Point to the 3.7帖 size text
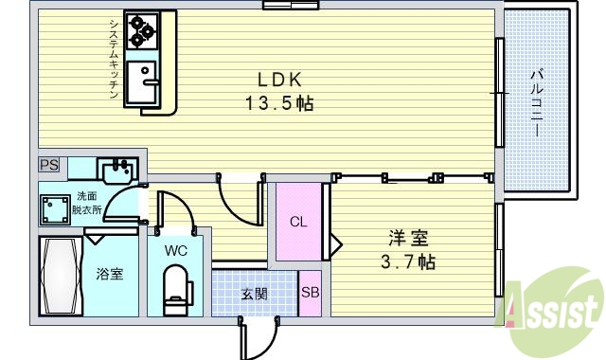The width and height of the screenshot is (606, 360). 407,260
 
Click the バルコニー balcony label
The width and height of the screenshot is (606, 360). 535,102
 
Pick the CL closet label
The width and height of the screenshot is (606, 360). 297,223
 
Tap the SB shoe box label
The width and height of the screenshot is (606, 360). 310,293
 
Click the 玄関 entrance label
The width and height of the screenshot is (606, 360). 254,294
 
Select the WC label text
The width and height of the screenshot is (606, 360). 175,251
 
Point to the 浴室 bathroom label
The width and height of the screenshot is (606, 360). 109,274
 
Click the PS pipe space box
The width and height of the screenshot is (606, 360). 48,165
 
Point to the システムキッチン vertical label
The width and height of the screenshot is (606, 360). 112,57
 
